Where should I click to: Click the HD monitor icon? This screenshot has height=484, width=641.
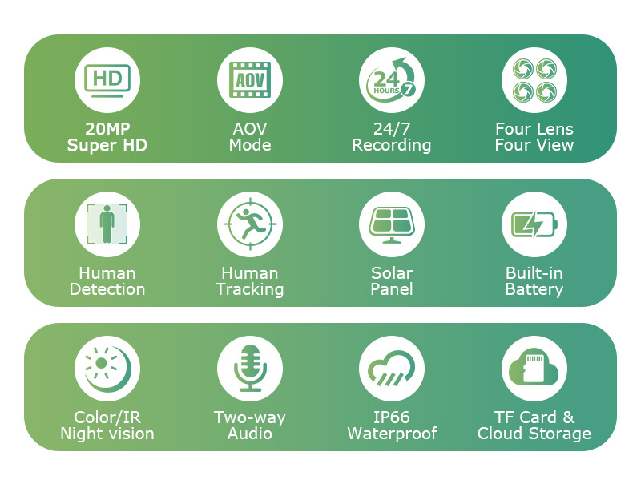[x=107, y=80]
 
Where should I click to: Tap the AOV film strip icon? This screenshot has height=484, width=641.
[x=250, y=79]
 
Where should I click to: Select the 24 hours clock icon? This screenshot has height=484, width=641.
[x=391, y=79]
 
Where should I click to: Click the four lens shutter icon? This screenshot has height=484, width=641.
[x=534, y=80]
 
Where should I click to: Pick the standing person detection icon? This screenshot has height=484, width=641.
[x=107, y=224]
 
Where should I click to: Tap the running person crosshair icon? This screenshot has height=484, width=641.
[x=250, y=224]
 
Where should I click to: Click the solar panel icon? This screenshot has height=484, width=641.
[x=392, y=224]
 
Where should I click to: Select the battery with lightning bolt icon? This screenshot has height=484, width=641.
[x=534, y=224]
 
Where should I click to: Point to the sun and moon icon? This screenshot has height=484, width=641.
[x=108, y=369]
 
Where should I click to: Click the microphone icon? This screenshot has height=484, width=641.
[x=250, y=368]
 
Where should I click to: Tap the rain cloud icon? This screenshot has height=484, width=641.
[x=391, y=368]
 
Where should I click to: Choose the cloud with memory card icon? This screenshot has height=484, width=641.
[x=534, y=366]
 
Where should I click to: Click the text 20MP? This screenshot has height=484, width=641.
[x=107, y=129]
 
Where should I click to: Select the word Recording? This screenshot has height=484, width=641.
[x=392, y=146]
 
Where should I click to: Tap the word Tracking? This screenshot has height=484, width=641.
[x=250, y=290]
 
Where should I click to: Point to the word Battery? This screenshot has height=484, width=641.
[x=534, y=290]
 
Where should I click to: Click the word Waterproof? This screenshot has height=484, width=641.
[x=392, y=434]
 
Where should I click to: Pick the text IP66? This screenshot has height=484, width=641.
[x=392, y=417]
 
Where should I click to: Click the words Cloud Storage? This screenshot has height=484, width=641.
[x=534, y=434]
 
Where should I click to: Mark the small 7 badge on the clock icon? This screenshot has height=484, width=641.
[x=408, y=89]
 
